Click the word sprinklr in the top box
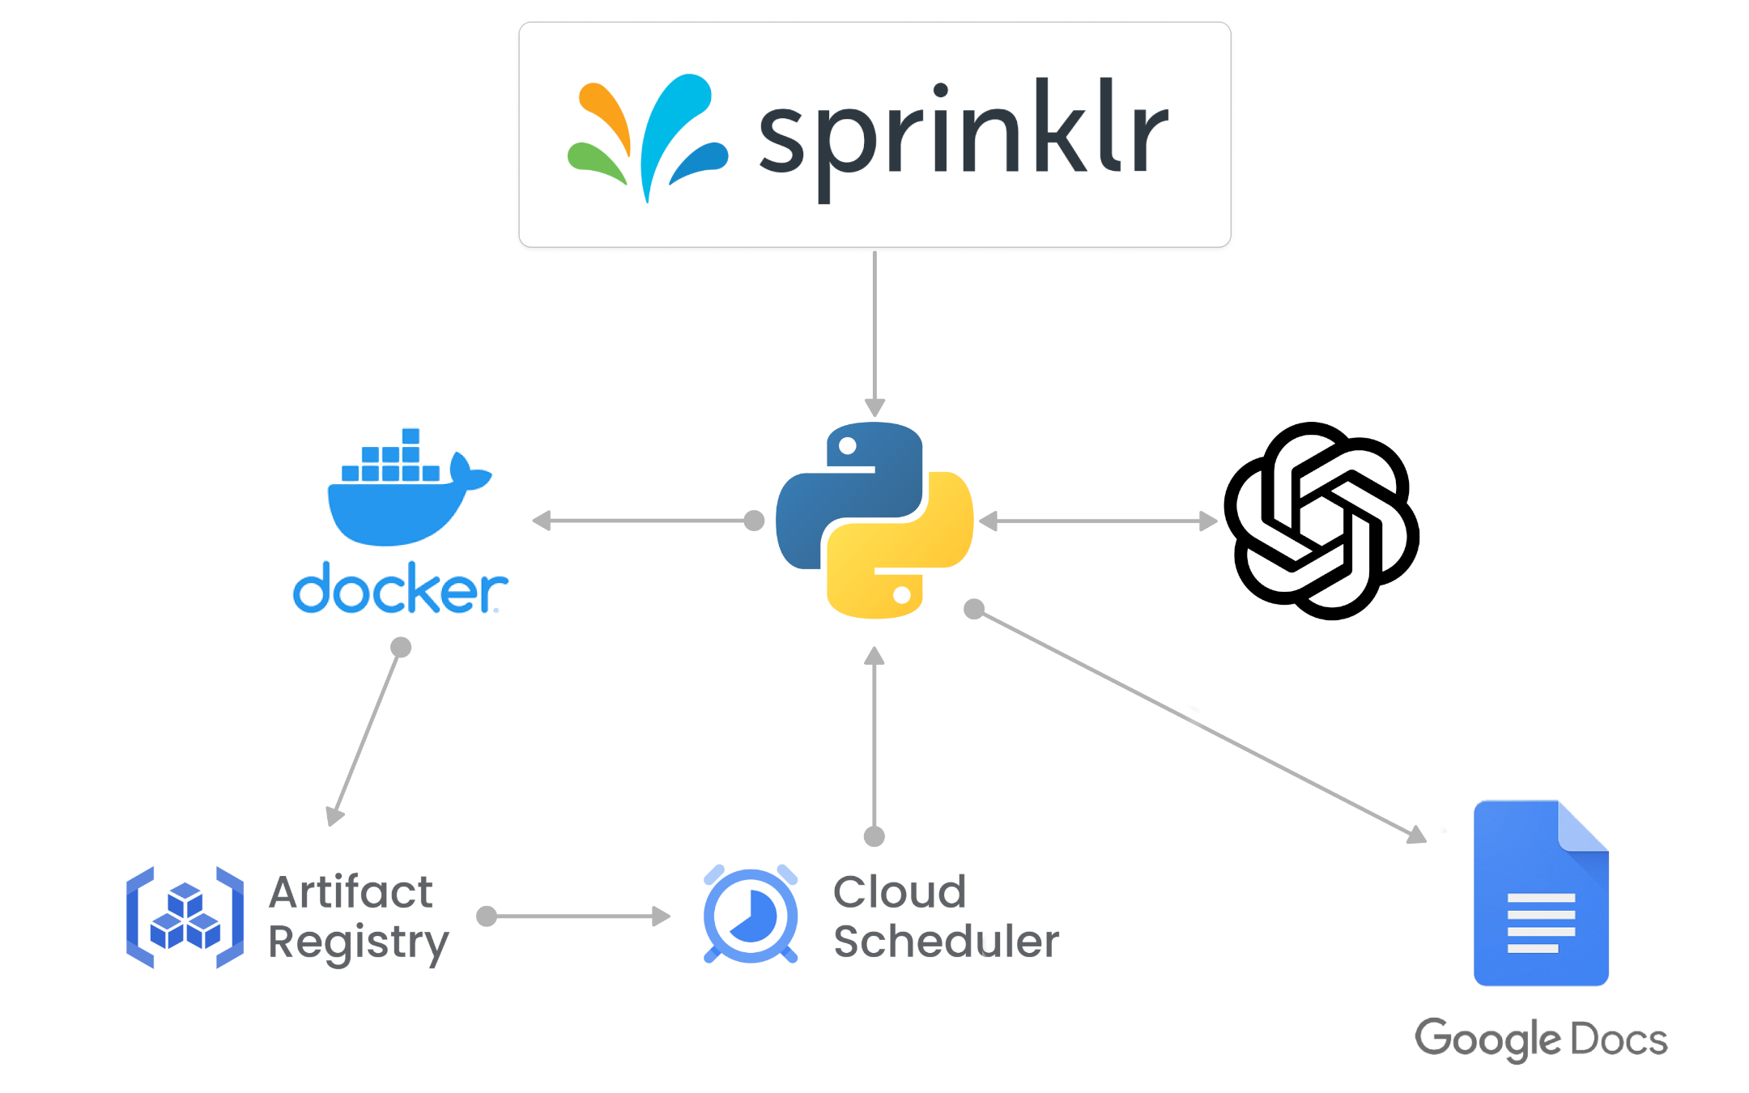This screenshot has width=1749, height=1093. coord(964,134)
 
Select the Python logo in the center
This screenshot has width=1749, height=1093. coord(874,520)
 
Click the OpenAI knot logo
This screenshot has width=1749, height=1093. coord(1321,521)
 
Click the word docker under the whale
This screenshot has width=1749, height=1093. coord(400,589)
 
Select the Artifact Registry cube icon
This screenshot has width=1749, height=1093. coord(185,917)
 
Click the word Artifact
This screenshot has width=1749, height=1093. coord(351,892)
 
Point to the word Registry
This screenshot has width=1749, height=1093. coord(358,942)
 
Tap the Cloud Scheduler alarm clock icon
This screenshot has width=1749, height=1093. coord(751,915)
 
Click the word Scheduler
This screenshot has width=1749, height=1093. coord(946,942)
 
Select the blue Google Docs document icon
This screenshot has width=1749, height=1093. coord(1540,893)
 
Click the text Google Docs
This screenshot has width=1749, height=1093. coord(1540,1039)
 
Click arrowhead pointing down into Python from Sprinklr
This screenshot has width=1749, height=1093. coord(874,406)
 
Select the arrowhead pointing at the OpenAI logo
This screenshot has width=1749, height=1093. coord(1208,521)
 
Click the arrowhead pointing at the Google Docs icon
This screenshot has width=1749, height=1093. coord(1417,835)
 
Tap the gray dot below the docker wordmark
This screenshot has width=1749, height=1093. coord(401,647)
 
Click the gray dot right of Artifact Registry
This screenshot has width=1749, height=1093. coord(487,916)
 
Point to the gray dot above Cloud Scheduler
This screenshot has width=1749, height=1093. coord(874,836)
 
